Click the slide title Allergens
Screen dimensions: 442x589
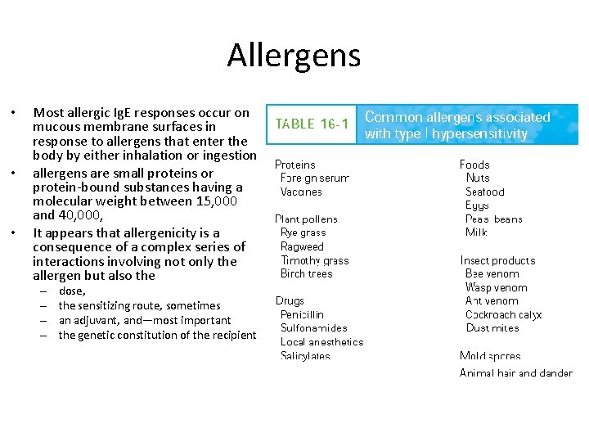coord(294,56)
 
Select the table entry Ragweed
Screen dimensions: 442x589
coord(302,246)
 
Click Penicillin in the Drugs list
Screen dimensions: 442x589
coord(302,314)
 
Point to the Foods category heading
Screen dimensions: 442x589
coord(474,165)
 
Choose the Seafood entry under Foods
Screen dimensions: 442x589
coord(485,192)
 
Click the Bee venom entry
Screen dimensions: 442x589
coord(492,273)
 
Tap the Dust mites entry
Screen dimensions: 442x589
coord(492,328)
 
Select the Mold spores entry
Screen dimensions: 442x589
coord(490,356)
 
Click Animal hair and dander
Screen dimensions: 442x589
coord(515,373)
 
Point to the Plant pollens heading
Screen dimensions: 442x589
coord(306,219)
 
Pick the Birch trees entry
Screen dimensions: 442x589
coord(306,273)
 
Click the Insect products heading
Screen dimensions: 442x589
coord(497,260)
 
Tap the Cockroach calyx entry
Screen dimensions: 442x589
coord(503,314)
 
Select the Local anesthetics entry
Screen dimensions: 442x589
coord(321,342)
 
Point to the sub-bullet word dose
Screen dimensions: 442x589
coord(72,291)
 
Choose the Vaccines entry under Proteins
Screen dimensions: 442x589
coord(301,192)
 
